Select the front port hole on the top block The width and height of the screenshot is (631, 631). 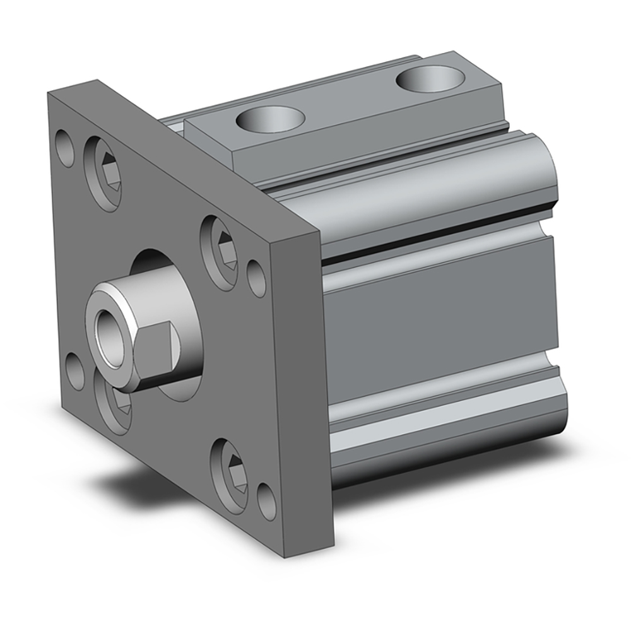268,118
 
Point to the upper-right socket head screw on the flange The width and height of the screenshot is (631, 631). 219,244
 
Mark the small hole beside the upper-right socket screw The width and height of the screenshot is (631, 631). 256,276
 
